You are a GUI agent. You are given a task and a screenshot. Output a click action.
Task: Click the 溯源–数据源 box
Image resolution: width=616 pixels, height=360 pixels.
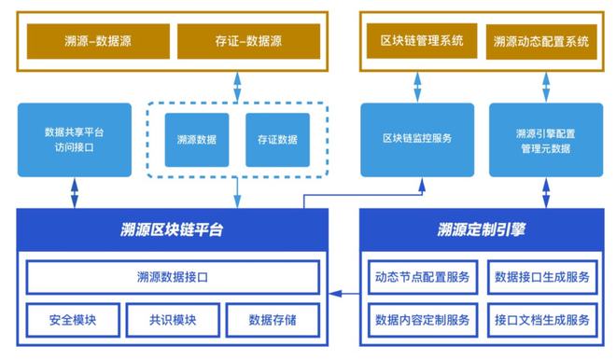tap(91, 41)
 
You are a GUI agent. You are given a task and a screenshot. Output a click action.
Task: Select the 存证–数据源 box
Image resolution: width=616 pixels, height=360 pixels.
tap(248, 41)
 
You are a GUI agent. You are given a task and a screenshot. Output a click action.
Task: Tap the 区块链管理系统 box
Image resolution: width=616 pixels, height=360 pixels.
tap(417, 41)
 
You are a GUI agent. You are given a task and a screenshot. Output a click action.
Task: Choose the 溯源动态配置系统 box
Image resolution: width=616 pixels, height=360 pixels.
tap(541, 41)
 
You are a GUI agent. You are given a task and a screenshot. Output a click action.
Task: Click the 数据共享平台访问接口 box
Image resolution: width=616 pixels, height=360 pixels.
tap(75, 139)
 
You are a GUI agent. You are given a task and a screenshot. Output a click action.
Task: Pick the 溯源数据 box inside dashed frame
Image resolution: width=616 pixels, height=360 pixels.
tap(197, 140)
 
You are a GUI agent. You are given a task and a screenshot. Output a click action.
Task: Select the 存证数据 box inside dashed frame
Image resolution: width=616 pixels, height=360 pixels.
tap(277, 140)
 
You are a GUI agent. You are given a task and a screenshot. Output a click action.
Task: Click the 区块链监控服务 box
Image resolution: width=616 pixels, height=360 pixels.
tap(417, 139)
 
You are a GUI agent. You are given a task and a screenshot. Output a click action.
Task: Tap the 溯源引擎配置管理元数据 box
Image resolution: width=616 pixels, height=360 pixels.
tap(545, 139)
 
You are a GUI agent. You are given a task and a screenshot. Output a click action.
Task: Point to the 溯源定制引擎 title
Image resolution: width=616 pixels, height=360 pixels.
tap(483, 228)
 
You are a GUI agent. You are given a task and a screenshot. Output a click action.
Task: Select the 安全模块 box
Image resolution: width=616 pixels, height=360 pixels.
tap(73, 320)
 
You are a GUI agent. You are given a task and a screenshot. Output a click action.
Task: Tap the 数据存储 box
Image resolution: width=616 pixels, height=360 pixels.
tap(273, 320)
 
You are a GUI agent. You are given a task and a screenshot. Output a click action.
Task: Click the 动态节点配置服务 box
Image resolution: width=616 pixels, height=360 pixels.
tap(423, 277)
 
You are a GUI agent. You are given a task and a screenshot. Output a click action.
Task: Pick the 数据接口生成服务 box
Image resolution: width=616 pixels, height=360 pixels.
tap(541, 277)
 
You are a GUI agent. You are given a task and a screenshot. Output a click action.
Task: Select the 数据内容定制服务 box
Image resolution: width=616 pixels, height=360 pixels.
tap(423, 320)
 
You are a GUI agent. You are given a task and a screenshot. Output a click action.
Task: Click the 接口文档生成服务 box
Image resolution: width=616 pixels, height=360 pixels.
tap(541, 320)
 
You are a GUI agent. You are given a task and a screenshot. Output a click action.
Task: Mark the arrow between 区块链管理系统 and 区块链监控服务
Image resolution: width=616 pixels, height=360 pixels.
tap(417, 85)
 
